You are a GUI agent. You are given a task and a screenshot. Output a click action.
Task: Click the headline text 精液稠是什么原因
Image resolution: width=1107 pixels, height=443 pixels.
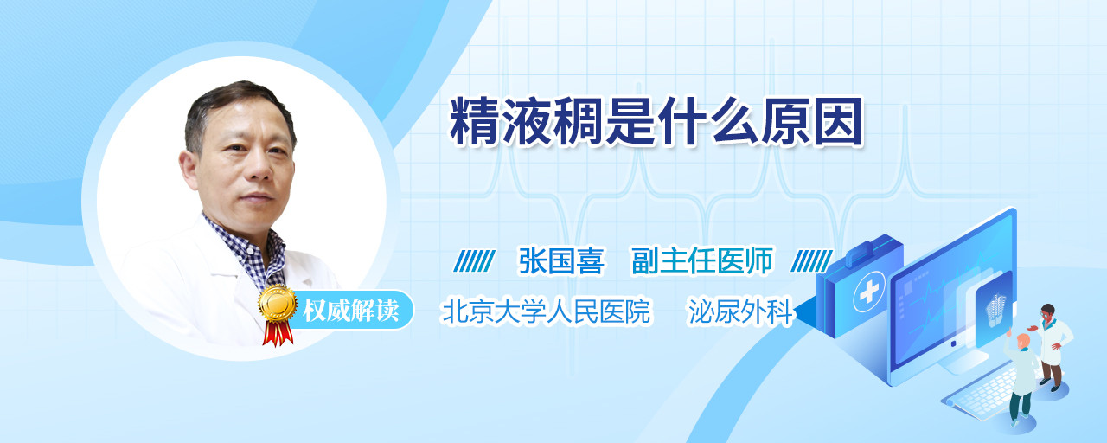click(x=656, y=122)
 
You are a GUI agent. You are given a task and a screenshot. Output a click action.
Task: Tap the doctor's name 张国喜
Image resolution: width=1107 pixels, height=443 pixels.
click(x=561, y=260)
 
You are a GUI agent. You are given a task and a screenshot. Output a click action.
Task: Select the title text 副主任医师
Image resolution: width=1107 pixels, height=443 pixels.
click(x=701, y=260)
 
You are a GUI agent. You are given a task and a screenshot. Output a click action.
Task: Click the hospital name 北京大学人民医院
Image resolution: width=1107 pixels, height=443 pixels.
click(x=546, y=311)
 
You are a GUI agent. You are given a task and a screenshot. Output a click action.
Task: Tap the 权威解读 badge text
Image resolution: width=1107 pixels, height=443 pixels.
click(x=350, y=311)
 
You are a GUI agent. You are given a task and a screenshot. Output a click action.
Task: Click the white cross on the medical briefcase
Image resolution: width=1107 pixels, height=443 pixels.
click(x=869, y=292)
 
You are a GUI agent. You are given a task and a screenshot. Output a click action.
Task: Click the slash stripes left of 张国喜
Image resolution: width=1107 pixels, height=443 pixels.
click(x=475, y=261)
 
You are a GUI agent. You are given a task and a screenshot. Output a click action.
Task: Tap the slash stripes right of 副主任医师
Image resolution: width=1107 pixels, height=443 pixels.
click(x=811, y=261)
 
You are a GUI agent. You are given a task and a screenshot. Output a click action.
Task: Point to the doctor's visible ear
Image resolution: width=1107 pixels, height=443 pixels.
click(x=189, y=169)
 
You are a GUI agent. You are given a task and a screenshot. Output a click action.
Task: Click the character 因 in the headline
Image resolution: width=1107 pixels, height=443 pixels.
click(x=838, y=122)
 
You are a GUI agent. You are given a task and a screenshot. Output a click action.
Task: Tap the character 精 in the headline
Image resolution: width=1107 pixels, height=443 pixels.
click(x=474, y=122)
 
